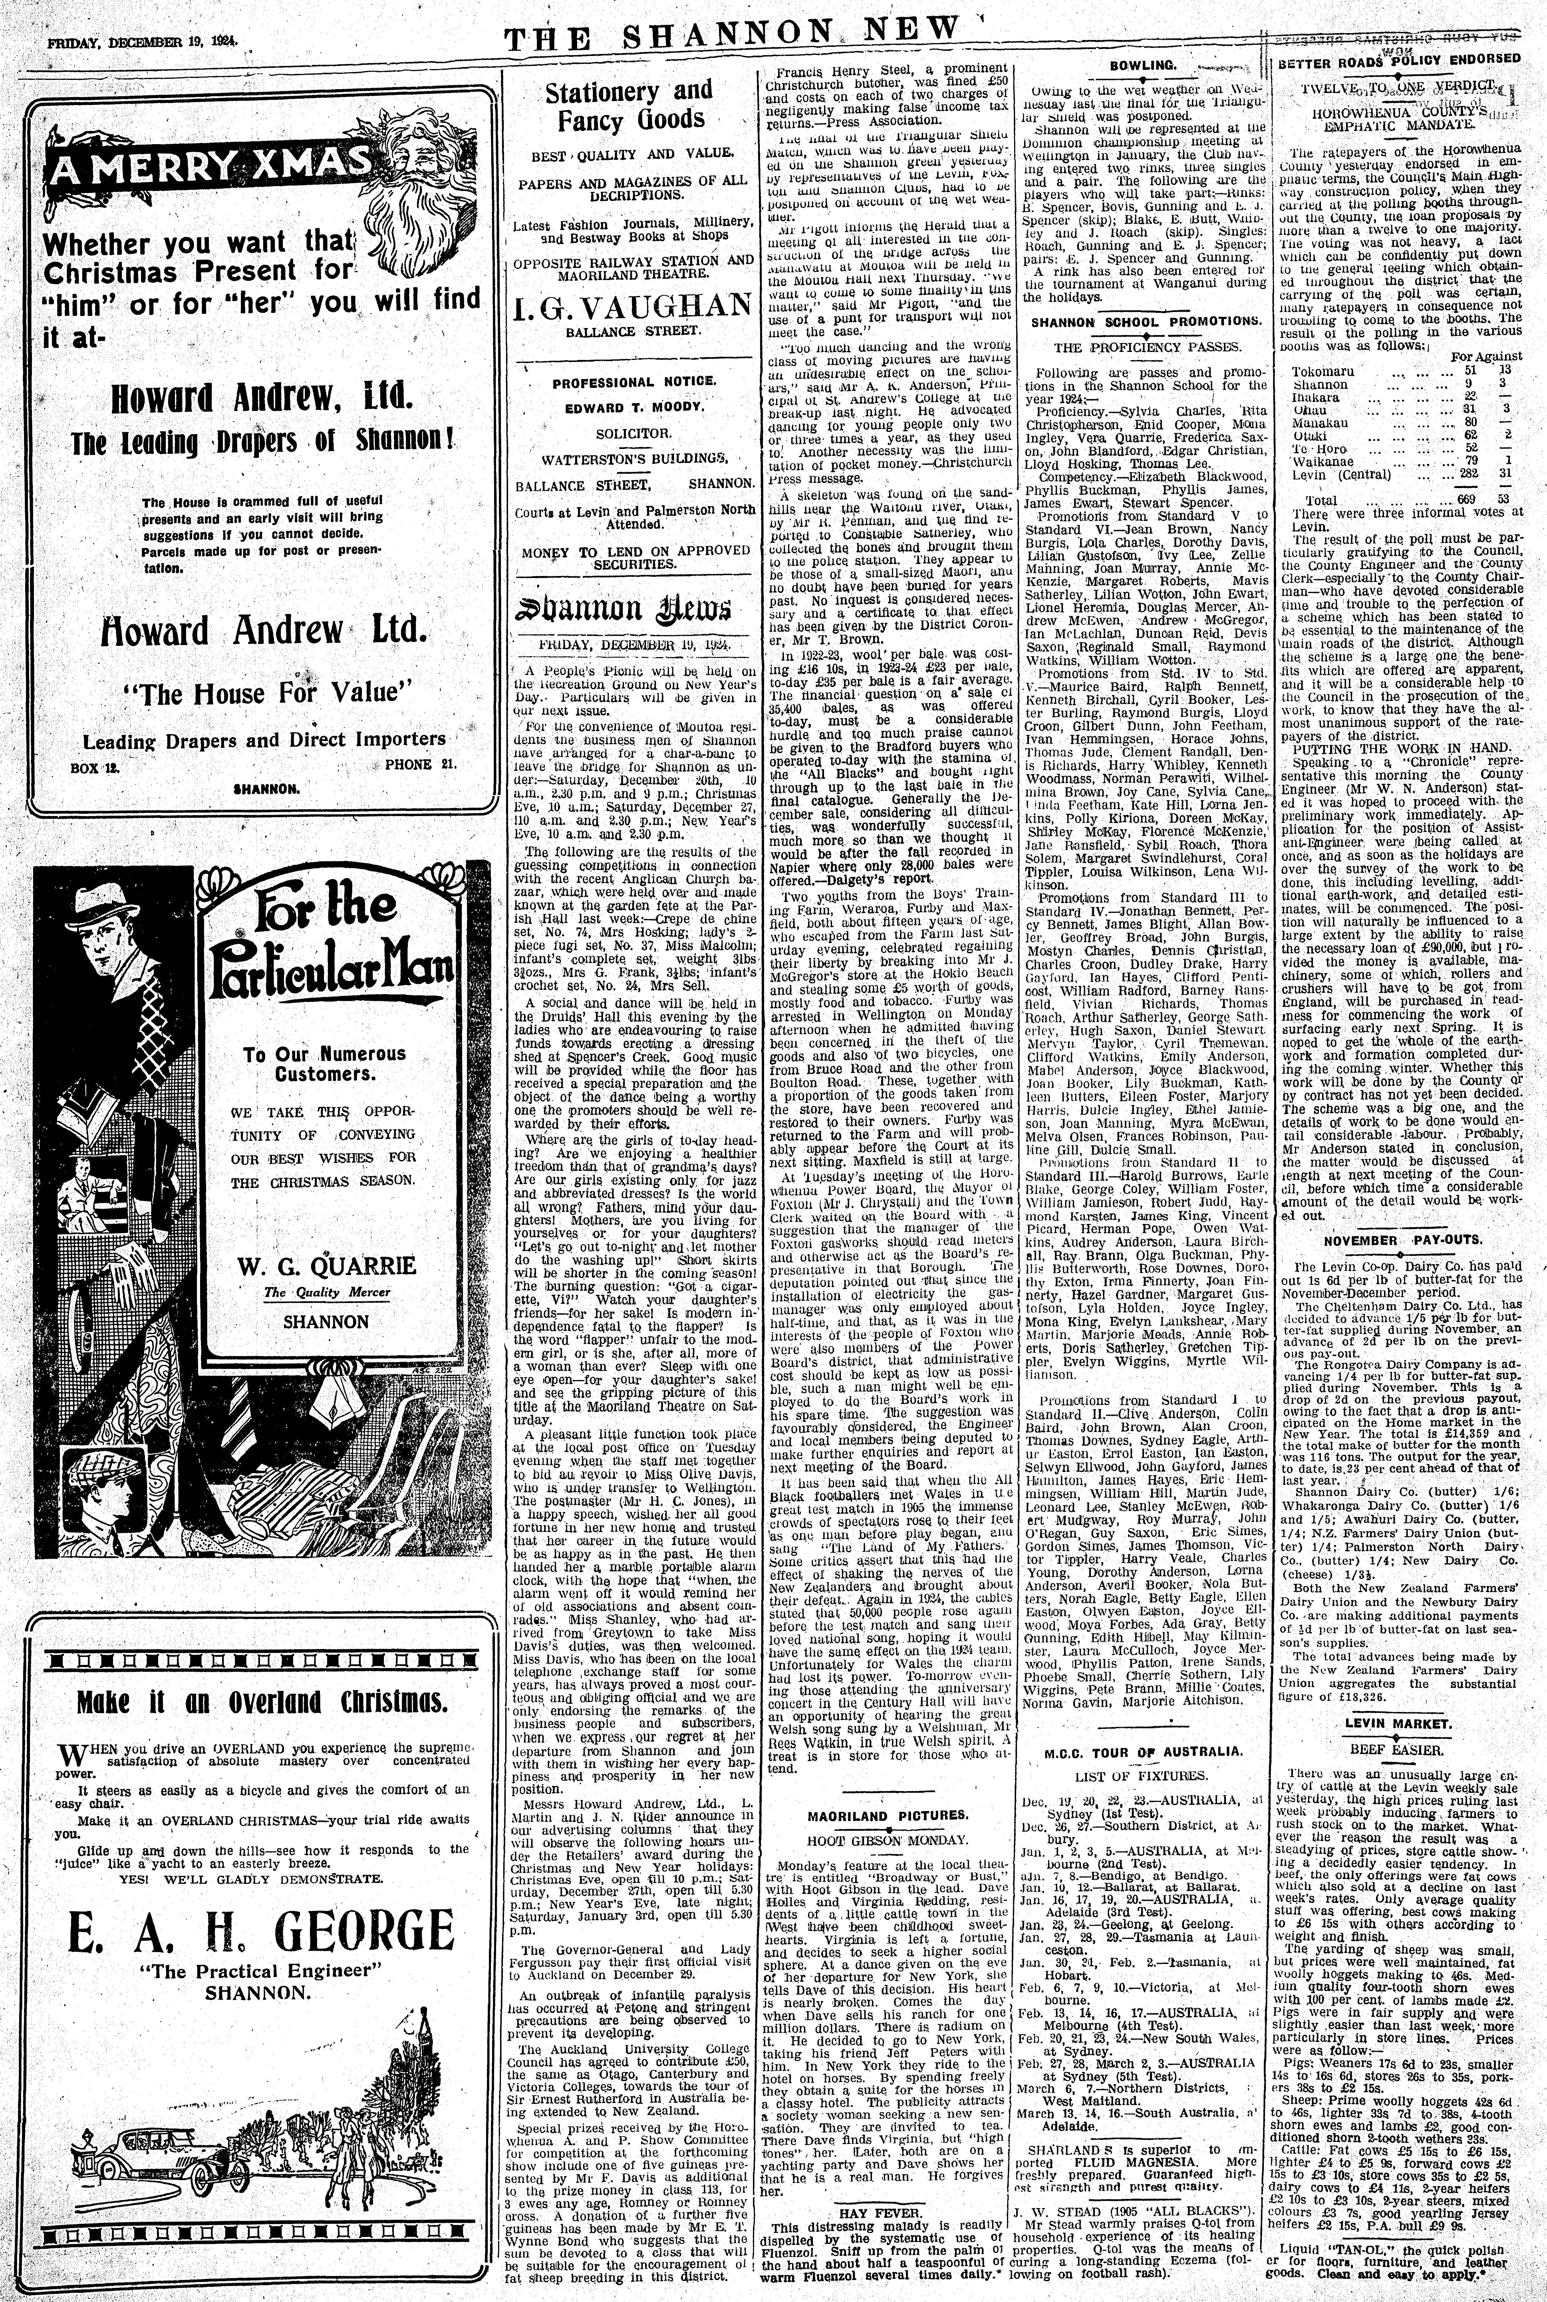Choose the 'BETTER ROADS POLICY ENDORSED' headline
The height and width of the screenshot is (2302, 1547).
[x=1399, y=59]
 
